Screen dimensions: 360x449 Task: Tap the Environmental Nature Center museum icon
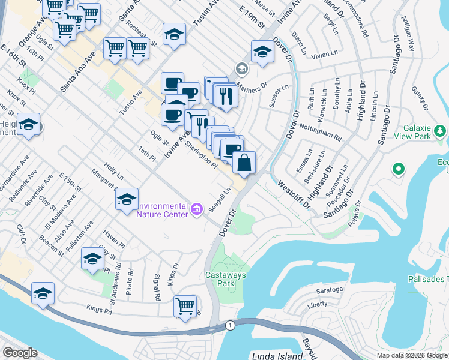click(197, 208)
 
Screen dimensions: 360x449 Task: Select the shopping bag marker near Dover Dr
click(244, 163)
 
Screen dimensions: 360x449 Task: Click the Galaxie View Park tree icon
click(441, 131)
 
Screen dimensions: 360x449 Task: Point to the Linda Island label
click(277, 356)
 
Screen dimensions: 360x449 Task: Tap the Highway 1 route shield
click(229, 325)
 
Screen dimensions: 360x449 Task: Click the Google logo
click(20, 353)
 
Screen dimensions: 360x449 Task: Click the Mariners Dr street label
click(252, 88)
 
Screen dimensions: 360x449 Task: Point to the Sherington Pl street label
click(201, 154)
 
